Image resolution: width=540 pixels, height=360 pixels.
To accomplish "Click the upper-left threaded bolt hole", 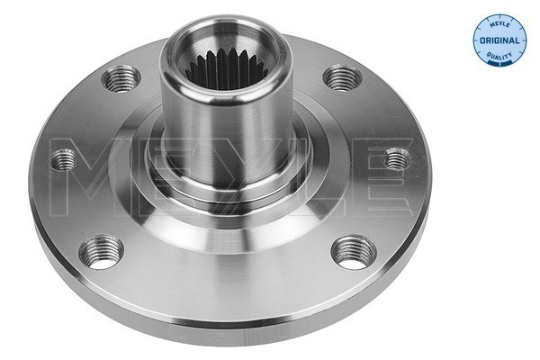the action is [x=121, y=78].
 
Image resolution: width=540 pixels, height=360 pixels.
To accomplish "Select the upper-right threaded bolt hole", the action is [x=342, y=78].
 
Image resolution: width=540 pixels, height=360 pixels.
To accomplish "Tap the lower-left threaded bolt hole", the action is [x=101, y=252].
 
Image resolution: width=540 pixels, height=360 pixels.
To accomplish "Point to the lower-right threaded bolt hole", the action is [x=354, y=253].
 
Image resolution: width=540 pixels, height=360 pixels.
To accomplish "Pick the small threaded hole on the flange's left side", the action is [x=63, y=159].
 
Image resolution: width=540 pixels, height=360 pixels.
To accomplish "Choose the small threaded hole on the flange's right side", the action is [x=397, y=158].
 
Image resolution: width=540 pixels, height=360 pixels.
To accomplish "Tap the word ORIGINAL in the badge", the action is [x=499, y=40].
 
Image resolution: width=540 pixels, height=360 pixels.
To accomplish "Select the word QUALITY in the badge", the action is [x=499, y=55].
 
